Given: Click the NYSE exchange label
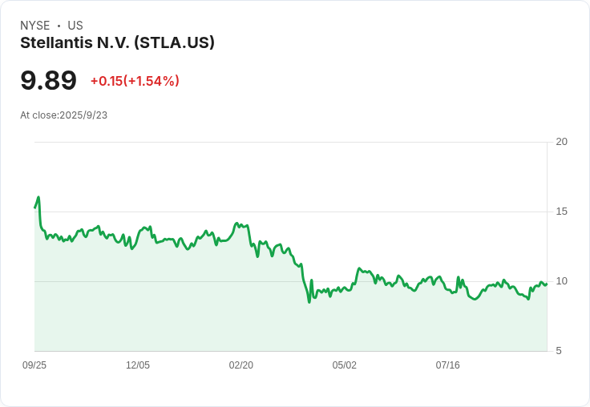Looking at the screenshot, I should [34, 26].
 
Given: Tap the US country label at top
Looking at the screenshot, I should [75, 26].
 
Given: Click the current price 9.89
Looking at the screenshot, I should [48, 81].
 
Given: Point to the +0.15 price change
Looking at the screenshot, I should [106, 81].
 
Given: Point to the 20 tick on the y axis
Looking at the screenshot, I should [562, 142].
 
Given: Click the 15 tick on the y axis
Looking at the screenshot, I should [562, 212].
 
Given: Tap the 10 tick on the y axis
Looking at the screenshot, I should [562, 281].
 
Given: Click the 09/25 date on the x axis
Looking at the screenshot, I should [34, 365].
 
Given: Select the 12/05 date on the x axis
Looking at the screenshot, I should [138, 365].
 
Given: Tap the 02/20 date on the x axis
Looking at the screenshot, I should [241, 365].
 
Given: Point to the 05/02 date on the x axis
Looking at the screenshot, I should [345, 365].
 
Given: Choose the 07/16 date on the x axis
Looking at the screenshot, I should [448, 365].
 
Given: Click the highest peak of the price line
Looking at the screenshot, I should [38, 197].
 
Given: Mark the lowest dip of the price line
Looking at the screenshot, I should [309, 301].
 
